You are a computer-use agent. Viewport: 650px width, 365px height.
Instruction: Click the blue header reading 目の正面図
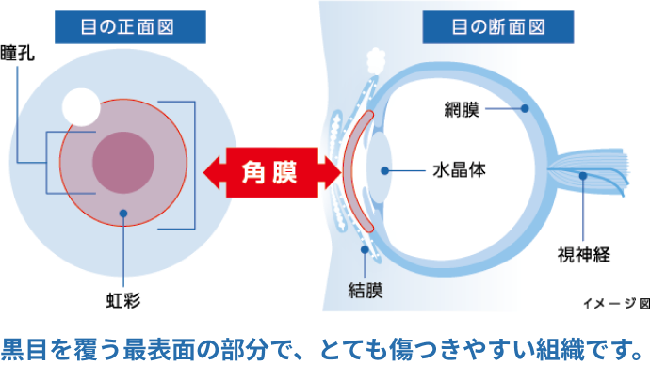click(x=129, y=25)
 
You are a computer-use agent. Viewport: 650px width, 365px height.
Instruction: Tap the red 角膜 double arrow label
click(x=271, y=172)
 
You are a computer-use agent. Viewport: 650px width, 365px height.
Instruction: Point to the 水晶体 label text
click(x=459, y=172)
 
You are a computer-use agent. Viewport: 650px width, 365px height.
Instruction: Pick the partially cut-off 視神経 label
click(x=572, y=253)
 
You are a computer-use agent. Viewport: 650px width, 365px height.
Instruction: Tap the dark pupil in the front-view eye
click(x=123, y=157)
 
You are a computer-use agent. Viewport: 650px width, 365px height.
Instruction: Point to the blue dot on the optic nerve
click(x=584, y=176)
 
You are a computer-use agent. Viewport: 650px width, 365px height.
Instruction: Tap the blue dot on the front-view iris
click(x=123, y=214)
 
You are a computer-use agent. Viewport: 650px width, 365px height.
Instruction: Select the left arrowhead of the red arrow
click(x=213, y=172)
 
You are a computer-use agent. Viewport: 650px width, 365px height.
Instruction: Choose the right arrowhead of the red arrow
click(x=331, y=172)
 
